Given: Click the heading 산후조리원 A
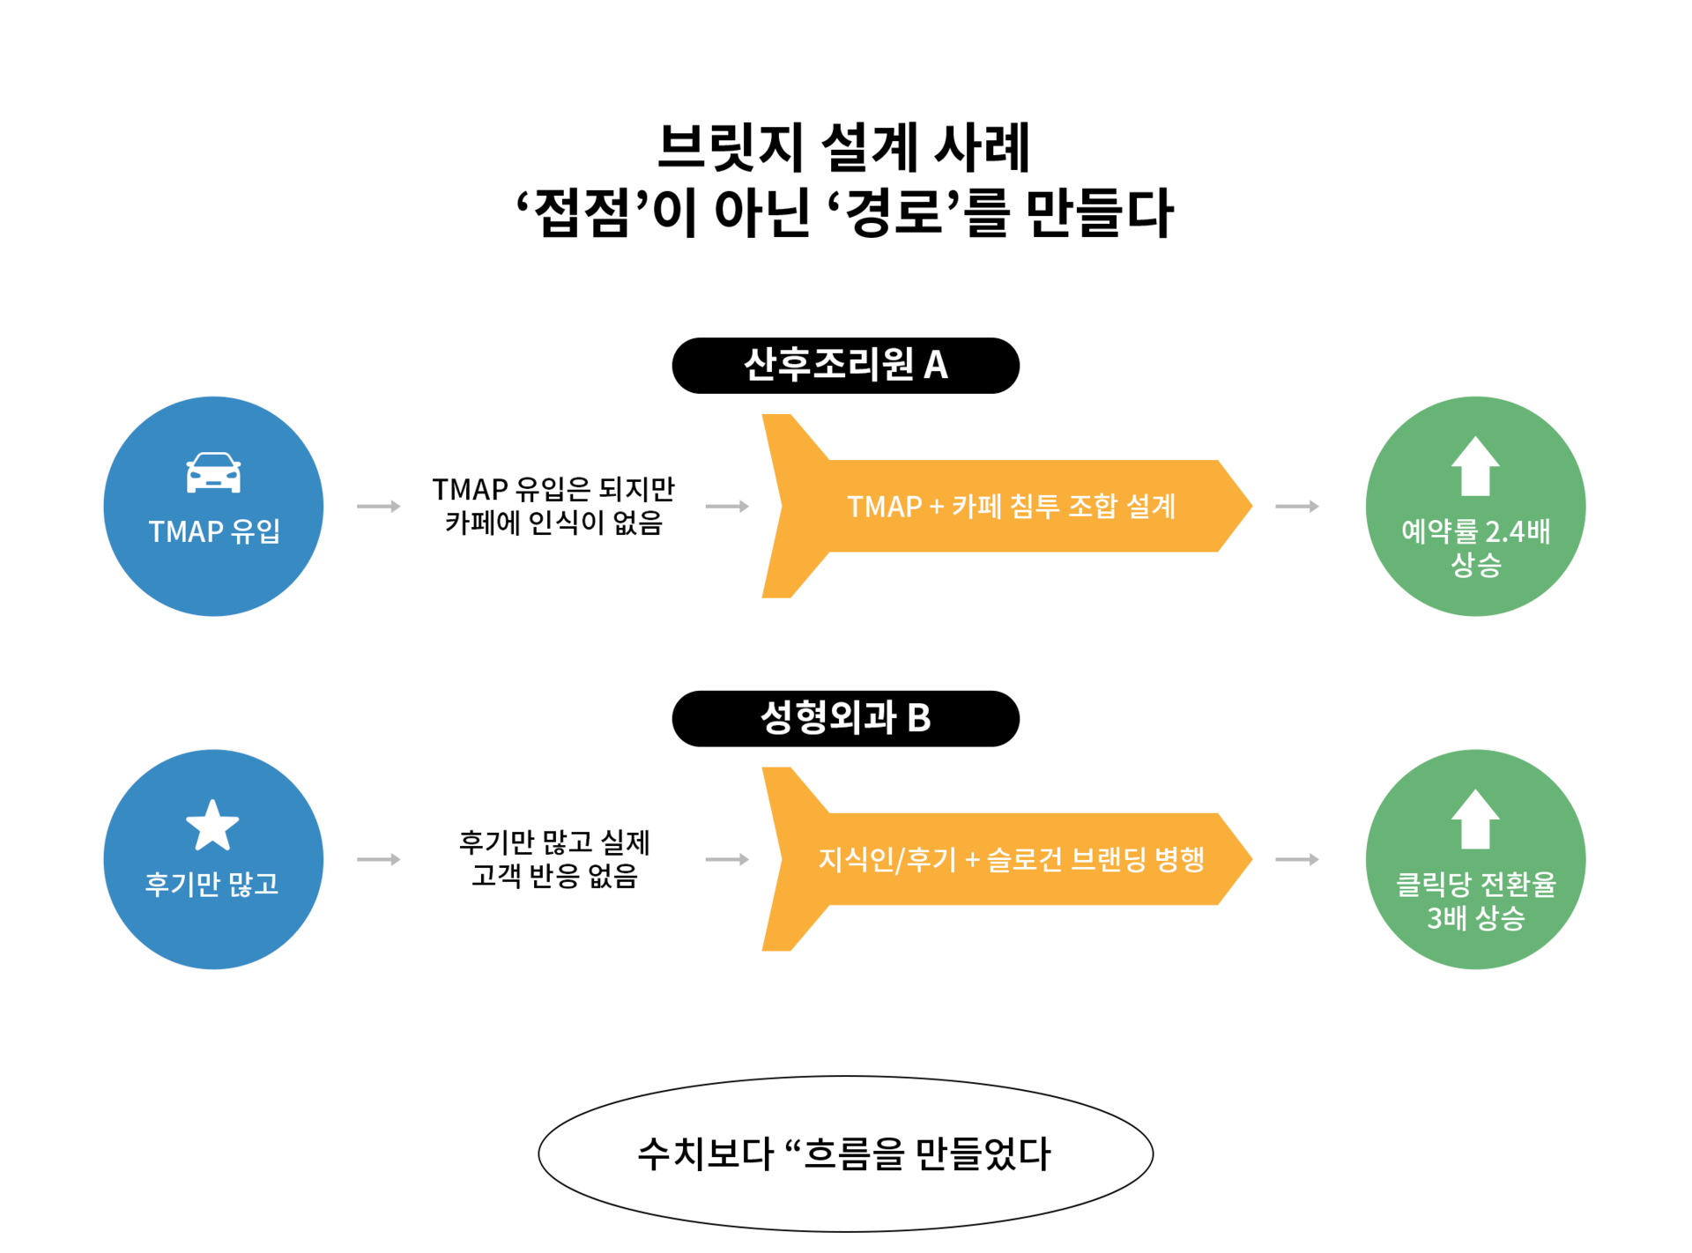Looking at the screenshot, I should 845,364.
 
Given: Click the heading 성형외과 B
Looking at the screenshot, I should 845,717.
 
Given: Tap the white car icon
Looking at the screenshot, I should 213,472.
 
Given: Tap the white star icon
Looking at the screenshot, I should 212,826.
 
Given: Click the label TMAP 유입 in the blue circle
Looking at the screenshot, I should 213,531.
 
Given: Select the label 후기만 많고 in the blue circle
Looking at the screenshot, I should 212,884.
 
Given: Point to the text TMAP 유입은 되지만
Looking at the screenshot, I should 553,489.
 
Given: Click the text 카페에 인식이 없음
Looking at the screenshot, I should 553,523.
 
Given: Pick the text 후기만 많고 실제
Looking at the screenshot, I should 553,842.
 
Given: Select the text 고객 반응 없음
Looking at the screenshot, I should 553,876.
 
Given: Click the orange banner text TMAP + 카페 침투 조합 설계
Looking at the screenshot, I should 1011,507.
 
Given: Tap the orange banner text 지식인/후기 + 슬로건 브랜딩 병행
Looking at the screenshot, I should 1011,859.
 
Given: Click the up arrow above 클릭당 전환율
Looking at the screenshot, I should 1475,819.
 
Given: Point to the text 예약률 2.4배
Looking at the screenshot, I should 1475,531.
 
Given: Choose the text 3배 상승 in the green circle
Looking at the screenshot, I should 1475,918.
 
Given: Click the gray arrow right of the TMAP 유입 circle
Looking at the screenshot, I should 378,507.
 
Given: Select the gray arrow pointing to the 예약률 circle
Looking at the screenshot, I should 1296,507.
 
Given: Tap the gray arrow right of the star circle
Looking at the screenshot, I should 378,859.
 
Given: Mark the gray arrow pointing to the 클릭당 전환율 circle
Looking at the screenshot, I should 1296,859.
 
